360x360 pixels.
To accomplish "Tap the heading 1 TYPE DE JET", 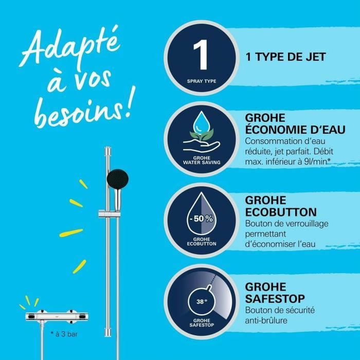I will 286,57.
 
